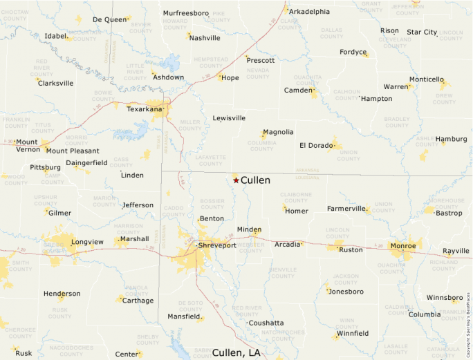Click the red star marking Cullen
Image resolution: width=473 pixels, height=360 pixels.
coord(236,180)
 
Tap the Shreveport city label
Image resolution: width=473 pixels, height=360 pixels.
coord(217,245)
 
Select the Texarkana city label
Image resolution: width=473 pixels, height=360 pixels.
coord(144,108)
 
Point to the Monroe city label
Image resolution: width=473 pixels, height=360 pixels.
coord(403,245)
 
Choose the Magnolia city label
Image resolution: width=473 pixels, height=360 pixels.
coord(279,132)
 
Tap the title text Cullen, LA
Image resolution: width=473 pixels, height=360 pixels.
coord(236,352)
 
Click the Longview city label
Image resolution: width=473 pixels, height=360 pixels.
coord(87,242)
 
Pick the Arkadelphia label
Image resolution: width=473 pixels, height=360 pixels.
coord(309,12)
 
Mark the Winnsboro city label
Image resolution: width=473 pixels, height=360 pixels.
coord(444,298)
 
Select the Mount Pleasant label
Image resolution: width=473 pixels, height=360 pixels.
coord(73,151)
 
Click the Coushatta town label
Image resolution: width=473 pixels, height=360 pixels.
coord(266,323)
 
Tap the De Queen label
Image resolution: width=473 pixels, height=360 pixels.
coord(109,19)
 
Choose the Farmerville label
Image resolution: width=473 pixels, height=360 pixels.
coord(346,208)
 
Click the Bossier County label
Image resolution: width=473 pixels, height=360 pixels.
coord(212,204)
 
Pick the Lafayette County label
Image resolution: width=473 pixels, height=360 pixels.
coord(211,160)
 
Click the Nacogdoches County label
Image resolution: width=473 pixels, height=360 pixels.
coord(71,350)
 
